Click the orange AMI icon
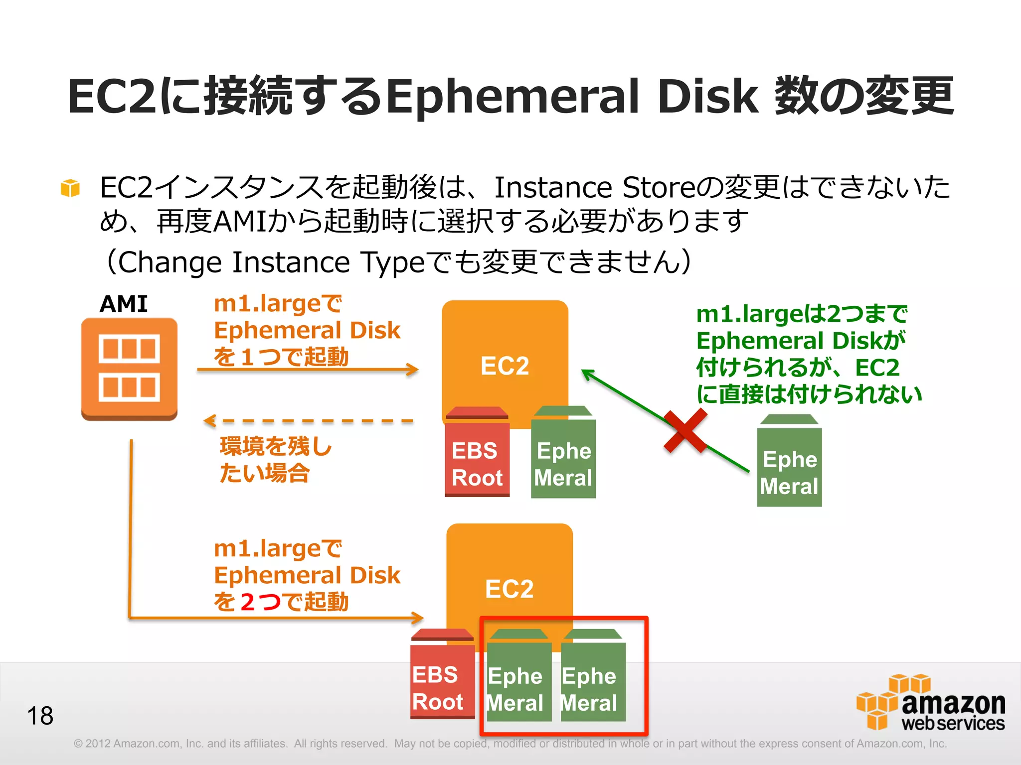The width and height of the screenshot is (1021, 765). (129, 369)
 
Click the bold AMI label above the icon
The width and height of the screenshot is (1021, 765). (124, 304)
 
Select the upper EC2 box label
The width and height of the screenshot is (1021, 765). (505, 366)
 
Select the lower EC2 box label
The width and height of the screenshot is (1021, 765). (509, 589)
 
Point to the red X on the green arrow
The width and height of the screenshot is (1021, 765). (686, 431)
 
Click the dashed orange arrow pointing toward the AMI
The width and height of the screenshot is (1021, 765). (309, 421)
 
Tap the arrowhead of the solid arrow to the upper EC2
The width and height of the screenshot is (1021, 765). (412, 370)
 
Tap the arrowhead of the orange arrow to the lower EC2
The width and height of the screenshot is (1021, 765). (417, 618)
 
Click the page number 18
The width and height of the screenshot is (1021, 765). (40, 716)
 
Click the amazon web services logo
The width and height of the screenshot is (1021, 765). (931, 703)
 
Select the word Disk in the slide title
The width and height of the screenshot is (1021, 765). (708, 96)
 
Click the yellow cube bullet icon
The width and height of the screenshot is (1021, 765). (70, 188)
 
